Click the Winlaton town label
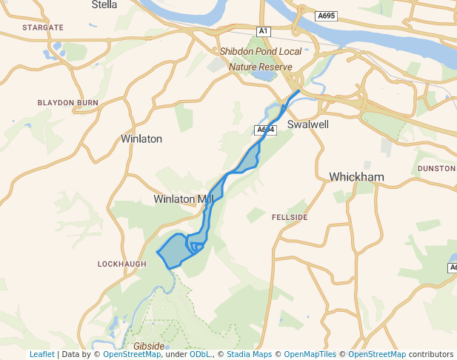pyautogui.click(x=141, y=139)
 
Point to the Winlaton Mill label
pyautogui.click(x=182, y=199)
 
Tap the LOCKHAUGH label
pyautogui.click(x=118, y=264)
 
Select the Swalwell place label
pyautogui.click(x=307, y=125)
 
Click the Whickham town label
pyautogui.click(x=356, y=177)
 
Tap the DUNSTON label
pyautogui.click(x=436, y=169)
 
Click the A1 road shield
pyautogui.click(x=263, y=30)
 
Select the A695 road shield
pyautogui.click(x=326, y=16)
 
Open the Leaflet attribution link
pyautogui.click(x=41, y=355)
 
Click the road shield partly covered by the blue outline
pyautogui.click(x=264, y=130)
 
